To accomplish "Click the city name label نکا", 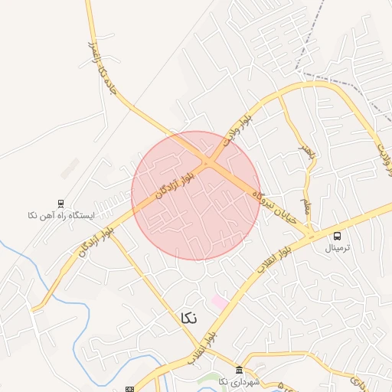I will [x=188, y=318].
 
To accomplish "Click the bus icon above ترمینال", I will [x=337, y=235].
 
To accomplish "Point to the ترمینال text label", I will [x=337, y=248].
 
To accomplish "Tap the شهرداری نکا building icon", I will [x=240, y=370].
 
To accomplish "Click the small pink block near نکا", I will [x=220, y=303].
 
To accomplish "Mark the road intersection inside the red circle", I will [x=209, y=162].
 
